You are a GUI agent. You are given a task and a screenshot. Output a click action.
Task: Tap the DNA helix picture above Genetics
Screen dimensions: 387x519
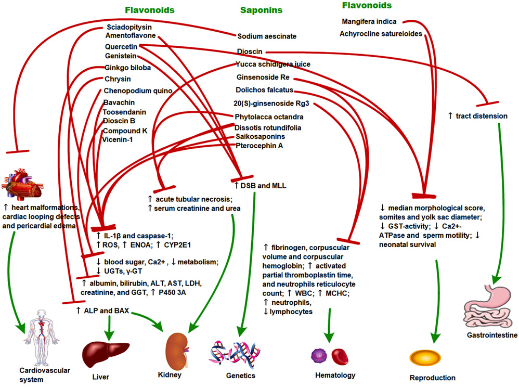(235, 353)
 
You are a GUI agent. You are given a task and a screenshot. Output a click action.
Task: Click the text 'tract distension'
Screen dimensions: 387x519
(477, 115)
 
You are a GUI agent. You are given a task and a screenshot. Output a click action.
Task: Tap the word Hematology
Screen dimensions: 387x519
(335, 375)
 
